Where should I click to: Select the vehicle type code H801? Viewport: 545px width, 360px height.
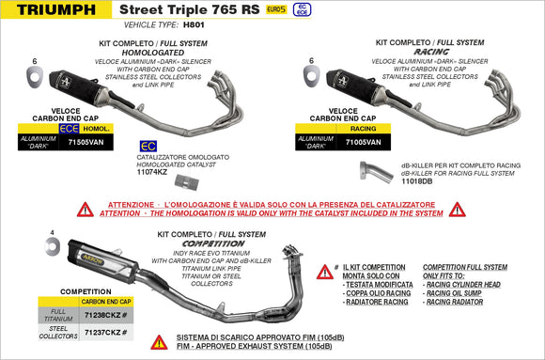[x=194, y=27]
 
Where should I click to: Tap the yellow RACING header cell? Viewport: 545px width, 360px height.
[x=363, y=129]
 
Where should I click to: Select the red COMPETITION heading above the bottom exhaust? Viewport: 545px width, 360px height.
[x=213, y=243]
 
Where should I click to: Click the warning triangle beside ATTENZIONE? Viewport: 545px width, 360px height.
[x=85, y=209]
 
